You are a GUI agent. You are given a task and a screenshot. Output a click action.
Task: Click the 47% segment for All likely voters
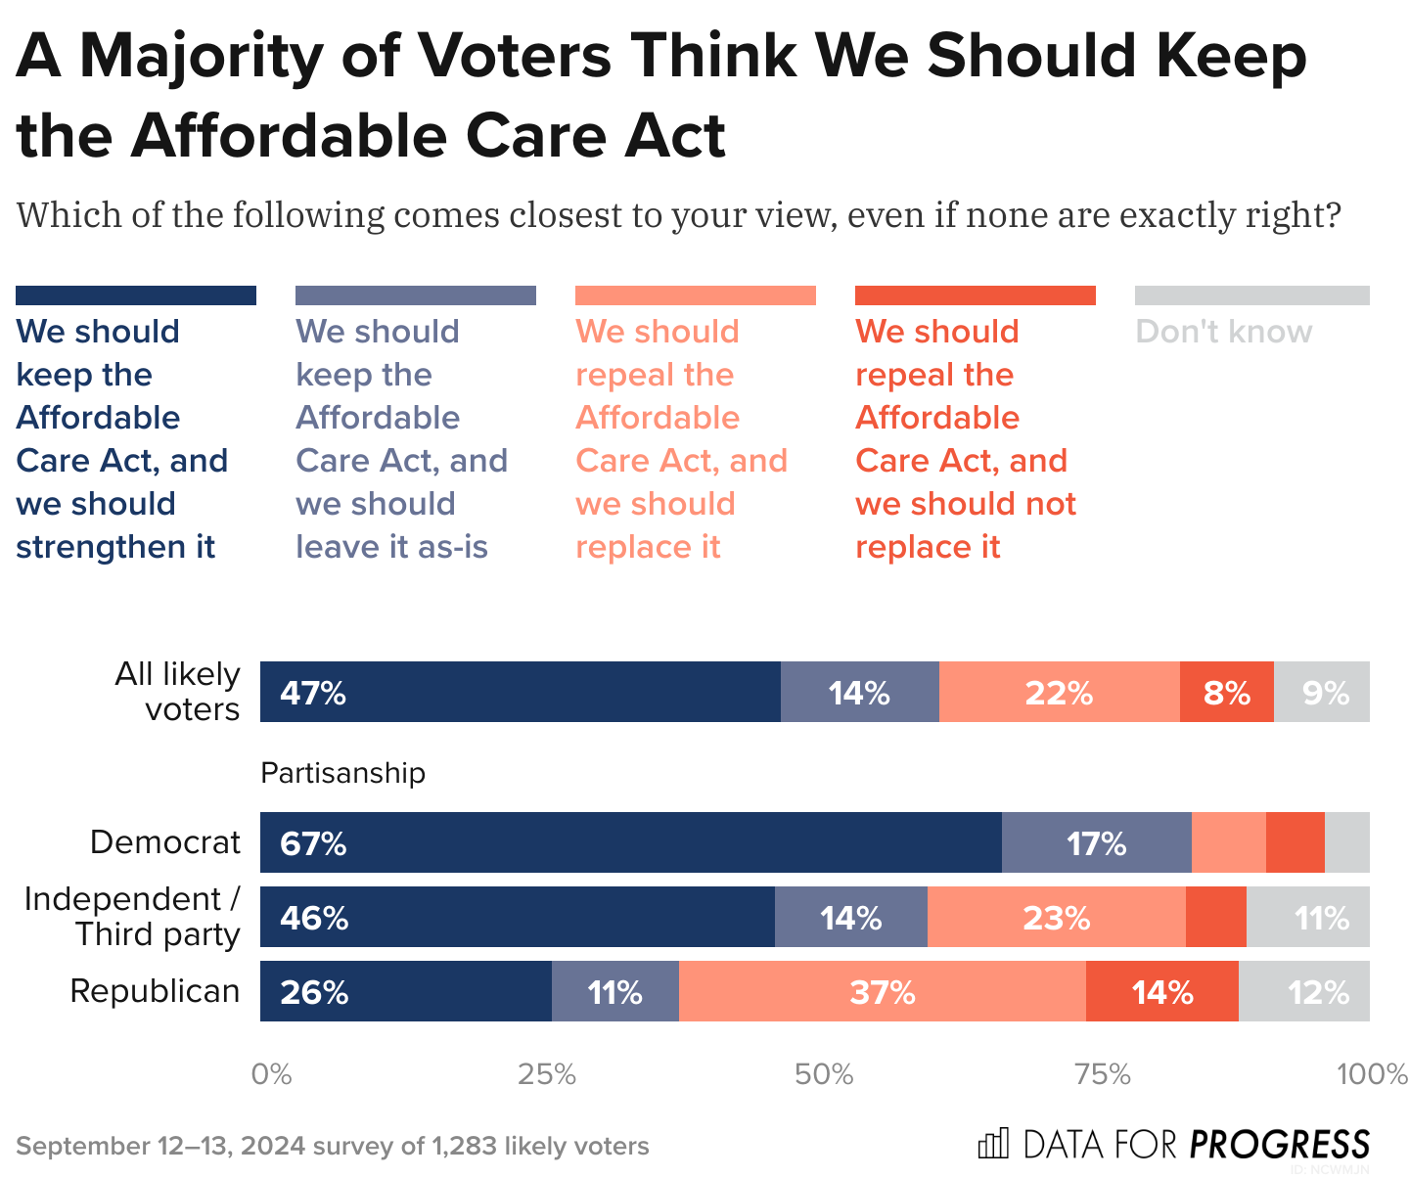[x=520, y=692]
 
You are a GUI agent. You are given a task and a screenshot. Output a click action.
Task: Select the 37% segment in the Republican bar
[x=882, y=991]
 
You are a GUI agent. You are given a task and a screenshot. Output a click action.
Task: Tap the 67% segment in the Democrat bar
[x=630, y=842]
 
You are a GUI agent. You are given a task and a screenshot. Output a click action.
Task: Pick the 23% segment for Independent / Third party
[x=1056, y=917]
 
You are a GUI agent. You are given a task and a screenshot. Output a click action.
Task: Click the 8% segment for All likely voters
[x=1226, y=692]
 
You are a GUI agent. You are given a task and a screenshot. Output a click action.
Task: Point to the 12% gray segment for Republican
[x=1303, y=991]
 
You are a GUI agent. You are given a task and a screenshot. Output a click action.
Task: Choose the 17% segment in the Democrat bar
[x=1096, y=842]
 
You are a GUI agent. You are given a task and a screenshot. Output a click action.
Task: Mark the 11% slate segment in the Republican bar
[x=614, y=991]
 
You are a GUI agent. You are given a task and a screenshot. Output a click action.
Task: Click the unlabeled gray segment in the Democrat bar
[x=1347, y=842]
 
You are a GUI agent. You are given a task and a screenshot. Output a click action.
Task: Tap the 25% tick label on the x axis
[x=546, y=1074]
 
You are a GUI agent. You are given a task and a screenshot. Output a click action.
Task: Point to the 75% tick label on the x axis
[x=1102, y=1074]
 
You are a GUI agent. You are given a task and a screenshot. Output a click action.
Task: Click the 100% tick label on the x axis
[x=1372, y=1074]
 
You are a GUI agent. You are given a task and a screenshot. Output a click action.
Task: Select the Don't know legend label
[x=1223, y=332]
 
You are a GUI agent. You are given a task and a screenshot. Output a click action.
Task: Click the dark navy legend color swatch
[x=136, y=295]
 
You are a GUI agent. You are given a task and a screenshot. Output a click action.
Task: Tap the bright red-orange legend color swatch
[x=975, y=295]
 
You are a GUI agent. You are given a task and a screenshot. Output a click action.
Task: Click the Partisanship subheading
[x=342, y=773]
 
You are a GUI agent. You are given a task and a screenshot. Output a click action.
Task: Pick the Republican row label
[x=155, y=991]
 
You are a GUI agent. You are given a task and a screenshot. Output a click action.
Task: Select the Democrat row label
[x=164, y=842]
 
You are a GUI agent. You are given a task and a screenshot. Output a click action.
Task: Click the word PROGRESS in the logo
[x=1280, y=1144]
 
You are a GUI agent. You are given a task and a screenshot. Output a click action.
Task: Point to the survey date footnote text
[x=333, y=1146]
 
